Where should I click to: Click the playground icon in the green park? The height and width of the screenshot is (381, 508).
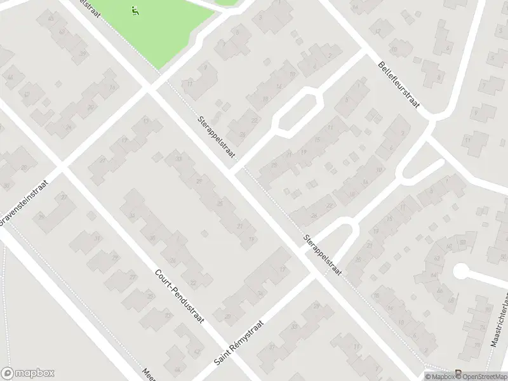click(135, 10)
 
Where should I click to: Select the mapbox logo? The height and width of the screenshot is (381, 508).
click(28, 373)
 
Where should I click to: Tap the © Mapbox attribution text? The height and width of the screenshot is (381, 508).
click(439, 377)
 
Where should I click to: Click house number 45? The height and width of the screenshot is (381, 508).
click(50, 17)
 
